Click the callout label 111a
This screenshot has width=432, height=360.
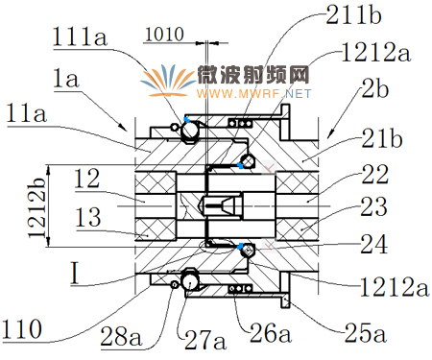[x=80, y=36]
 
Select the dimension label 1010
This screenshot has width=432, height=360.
[x=164, y=35]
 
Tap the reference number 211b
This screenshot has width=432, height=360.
[x=353, y=14]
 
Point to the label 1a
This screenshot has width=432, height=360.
[x=66, y=79]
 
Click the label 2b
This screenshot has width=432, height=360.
[x=375, y=88]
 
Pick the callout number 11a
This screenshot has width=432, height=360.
[x=27, y=113]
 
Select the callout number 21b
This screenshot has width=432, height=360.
[x=382, y=138]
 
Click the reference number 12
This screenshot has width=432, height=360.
[x=86, y=178]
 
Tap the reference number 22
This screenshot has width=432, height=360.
[x=375, y=174]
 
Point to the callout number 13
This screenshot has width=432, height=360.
[x=87, y=217]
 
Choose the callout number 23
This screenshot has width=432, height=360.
[x=374, y=206]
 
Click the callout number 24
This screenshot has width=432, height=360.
[x=374, y=244]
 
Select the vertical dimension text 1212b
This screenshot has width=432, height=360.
[x=36, y=207]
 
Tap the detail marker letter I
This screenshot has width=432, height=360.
[x=75, y=273]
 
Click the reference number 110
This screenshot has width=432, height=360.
[x=22, y=328]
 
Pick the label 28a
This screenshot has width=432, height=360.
[x=121, y=336]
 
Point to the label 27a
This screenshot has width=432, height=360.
[x=205, y=340]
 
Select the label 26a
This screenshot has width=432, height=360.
[x=271, y=333]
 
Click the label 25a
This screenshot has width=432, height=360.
[x=366, y=333]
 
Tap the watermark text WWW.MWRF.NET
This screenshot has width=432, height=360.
[x=253, y=94]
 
